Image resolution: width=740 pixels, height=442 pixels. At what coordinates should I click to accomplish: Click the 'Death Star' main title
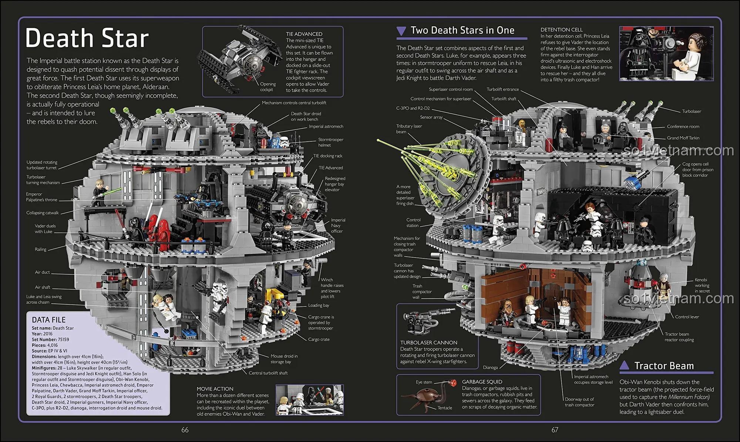coord(87,38)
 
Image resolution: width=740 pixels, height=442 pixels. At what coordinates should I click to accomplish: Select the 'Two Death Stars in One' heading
coord(462,30)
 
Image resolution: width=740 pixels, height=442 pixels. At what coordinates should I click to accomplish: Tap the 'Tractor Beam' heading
coord(664,366)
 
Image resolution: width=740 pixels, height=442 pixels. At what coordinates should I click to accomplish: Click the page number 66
coord(185,430)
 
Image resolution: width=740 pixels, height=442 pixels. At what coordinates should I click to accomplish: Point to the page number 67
coord(555,430)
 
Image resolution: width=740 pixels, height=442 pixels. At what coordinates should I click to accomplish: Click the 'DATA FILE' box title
coord(48,320)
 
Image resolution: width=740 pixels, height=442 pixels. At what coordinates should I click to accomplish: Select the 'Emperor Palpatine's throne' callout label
coord(41,197)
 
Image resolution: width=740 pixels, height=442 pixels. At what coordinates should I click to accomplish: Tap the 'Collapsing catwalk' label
coord(42,213)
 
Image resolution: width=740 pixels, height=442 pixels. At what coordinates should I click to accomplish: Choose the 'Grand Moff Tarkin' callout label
coord(683,138)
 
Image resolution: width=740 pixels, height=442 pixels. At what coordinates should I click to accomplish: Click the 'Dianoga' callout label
coord(490,367)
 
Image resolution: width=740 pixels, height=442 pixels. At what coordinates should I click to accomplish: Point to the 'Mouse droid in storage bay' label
coord(284,359)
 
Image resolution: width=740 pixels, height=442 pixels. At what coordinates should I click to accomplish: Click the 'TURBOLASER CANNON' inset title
coord(428,343)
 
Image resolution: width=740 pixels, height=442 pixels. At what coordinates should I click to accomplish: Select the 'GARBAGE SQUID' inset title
coord(482,382)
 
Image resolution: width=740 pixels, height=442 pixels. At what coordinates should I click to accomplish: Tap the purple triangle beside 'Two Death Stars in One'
coord(401,31)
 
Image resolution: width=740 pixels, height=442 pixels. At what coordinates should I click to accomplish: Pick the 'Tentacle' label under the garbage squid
coord(445,408)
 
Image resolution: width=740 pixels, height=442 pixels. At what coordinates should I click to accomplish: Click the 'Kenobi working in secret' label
coord(702,285)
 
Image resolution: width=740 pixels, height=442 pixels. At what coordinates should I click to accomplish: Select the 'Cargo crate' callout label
coord(319,339)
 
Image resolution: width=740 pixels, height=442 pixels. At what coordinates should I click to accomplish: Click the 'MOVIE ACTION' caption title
coord(215,389)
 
